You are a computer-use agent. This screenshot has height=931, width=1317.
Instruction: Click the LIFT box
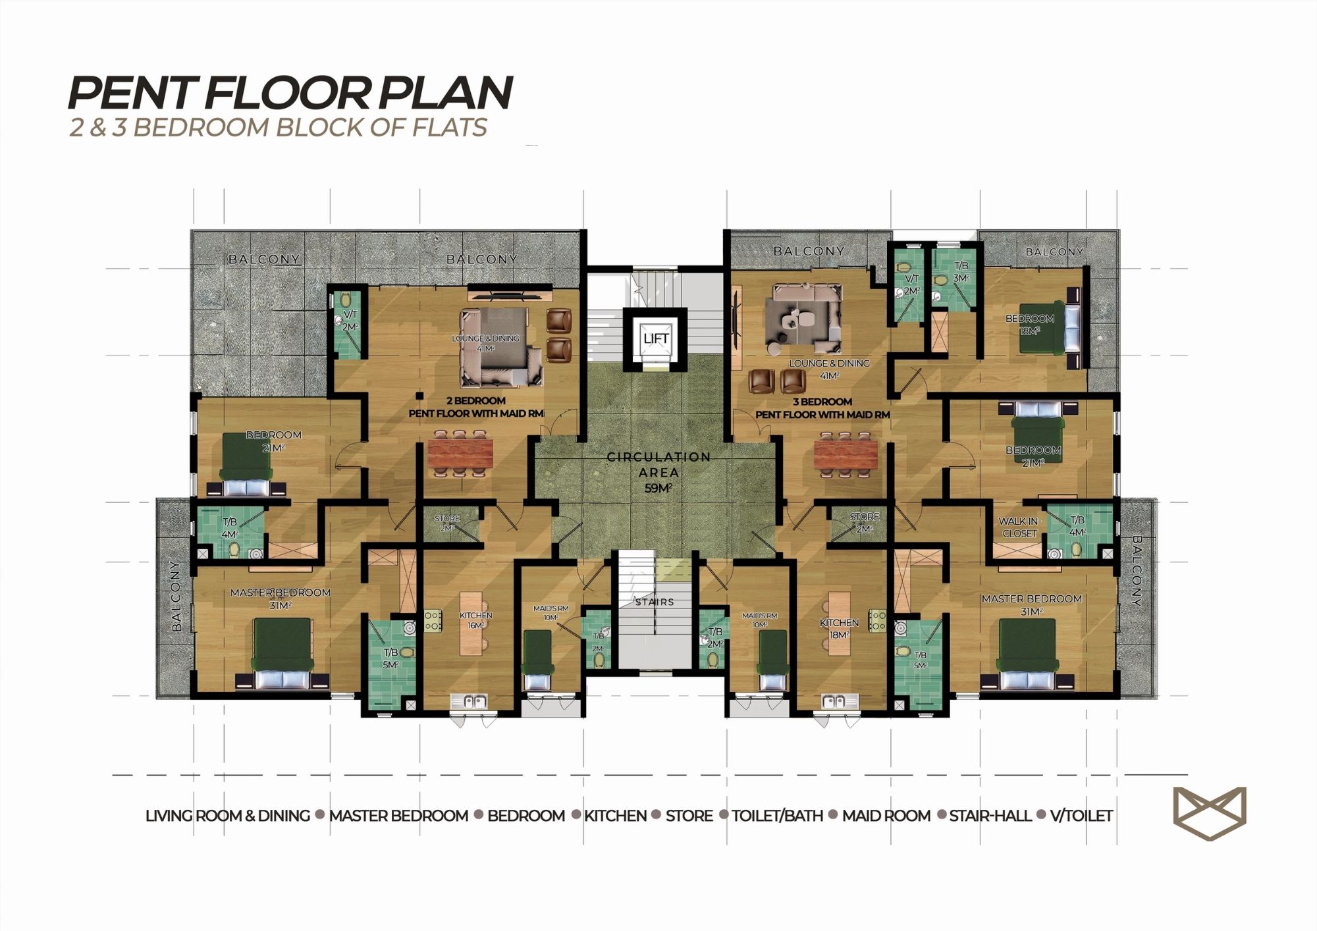tap(656, 338)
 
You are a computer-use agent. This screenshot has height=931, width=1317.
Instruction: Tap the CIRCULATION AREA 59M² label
tap(658, 472)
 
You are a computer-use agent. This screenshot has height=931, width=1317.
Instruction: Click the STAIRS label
tap(655, 602)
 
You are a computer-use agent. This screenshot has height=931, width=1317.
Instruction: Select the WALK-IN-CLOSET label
tap(1019, 527)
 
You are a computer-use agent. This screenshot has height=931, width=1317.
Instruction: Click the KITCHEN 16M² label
tap(475, 620)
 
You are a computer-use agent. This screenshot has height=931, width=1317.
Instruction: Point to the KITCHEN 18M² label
tap(839, 628)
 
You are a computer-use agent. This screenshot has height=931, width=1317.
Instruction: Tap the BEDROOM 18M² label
tap(1029, 324)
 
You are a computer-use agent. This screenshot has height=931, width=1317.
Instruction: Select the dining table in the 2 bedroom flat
tap(460, 453)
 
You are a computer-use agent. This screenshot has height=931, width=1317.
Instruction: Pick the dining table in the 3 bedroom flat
tap(846, 454)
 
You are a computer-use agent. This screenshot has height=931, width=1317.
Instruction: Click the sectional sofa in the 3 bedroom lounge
tap(803, 318)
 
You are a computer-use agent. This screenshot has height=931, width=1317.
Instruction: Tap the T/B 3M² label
tap(961, 271)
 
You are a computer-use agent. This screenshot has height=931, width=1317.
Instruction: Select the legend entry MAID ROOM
tap(886, 816)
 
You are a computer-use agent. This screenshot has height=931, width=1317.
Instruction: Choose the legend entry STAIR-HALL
tap(990, 816)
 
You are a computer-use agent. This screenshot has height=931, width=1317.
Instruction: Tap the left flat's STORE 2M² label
tap(447, 523)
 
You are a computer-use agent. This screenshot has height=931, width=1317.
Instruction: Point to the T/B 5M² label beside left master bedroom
tap(390, 658)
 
